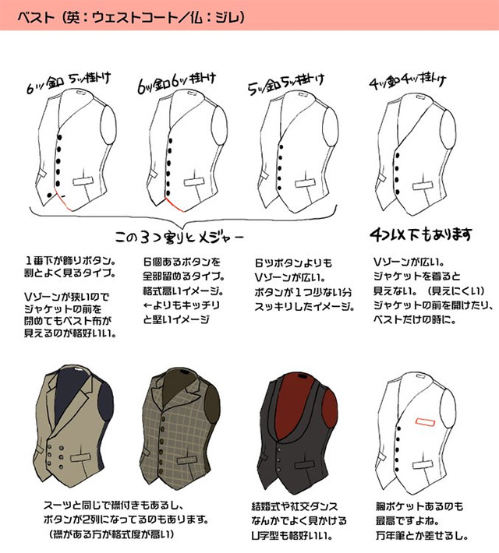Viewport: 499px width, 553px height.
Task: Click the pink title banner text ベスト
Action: click(36, 17)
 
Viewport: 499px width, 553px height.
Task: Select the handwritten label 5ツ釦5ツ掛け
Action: click(286, 85)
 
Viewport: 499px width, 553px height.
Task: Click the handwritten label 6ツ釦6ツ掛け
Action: click(176, 83)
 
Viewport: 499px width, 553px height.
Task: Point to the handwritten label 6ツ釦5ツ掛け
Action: click(69, 83)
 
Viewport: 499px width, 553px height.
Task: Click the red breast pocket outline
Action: click(425, 422)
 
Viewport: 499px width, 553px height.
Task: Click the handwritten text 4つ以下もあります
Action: click(420, 234)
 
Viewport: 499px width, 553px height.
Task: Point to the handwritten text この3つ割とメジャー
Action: click(179, 237)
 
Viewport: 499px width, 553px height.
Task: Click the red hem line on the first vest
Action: click(63, 202)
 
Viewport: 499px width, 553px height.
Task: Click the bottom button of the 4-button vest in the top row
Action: click(398, 192)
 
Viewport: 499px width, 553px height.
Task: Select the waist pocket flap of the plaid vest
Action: click(188, 460)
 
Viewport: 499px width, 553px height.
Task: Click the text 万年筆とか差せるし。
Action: click(422, 536)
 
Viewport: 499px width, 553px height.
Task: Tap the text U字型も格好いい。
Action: click(292, 536)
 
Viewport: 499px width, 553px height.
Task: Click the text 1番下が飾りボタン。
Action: click(70, 261)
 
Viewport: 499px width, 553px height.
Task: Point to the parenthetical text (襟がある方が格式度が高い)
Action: click(111, 534)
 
